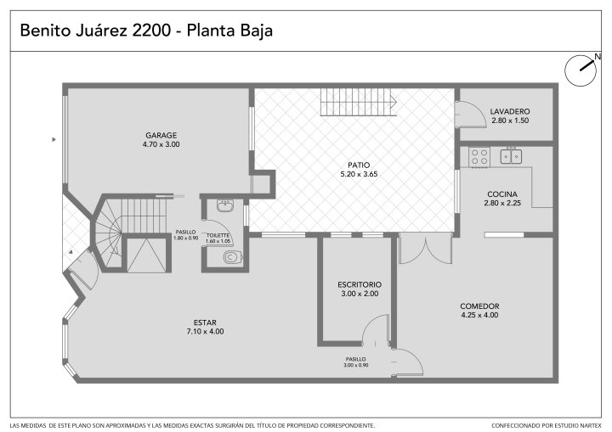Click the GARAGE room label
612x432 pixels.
point(161,135)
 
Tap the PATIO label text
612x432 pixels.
point(359,165)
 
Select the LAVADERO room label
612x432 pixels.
point(510,111)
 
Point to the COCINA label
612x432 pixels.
point(502,194)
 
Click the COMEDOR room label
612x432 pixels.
point(479,306)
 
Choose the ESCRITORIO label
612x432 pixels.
point(360,284)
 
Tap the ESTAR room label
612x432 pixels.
point(205,323)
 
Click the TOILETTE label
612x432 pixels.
point(218,235)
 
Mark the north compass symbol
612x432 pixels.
point(581,70)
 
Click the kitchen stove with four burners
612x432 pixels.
point(479,157)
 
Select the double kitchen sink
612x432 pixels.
point(512,156)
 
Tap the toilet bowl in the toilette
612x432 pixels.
point(233,257)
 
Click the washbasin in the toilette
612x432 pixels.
point(225,205)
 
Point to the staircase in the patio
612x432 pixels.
point(359,102)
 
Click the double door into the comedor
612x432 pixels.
point(426,249)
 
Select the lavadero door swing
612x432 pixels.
point(469,114)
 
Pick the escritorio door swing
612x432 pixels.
point(377,330)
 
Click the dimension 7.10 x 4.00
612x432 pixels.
point(205,331)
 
